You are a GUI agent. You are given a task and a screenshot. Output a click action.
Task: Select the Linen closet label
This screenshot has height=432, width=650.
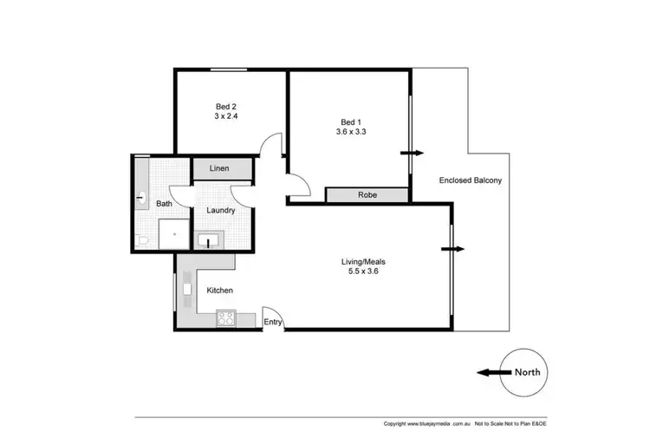pos(219,167)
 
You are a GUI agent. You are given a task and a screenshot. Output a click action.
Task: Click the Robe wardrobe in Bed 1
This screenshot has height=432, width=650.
pos(366,195)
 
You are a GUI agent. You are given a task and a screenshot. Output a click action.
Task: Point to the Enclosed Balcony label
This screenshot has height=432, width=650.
pos(470,180)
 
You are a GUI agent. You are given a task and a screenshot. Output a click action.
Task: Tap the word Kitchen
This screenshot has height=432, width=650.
pos(219,291)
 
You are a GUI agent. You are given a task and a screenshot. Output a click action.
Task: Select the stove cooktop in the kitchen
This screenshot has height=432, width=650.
pos(226,318)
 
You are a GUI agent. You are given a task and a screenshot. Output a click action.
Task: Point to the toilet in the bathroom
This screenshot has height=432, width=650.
pos(143,236)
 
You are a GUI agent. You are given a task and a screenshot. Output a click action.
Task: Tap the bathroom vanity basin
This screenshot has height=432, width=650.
pos(141,199)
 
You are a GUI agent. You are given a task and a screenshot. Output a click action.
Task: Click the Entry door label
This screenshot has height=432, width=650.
pos(274,324)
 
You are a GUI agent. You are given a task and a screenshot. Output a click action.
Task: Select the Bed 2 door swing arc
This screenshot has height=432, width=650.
pos(274,145)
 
